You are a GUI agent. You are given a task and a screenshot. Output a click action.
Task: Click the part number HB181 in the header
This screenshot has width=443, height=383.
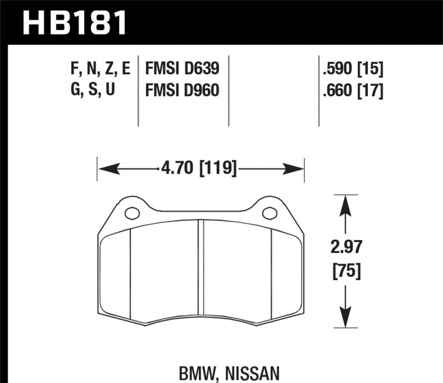(74, 24)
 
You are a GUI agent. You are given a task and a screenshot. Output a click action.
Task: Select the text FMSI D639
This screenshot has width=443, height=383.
(182, 69)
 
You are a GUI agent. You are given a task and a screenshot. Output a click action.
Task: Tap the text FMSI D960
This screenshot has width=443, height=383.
(182, 89)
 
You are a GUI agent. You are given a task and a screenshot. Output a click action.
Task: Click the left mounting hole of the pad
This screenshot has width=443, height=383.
(132, 212)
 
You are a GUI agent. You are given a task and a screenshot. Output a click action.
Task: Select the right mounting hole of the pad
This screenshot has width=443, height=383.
(269, 212)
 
